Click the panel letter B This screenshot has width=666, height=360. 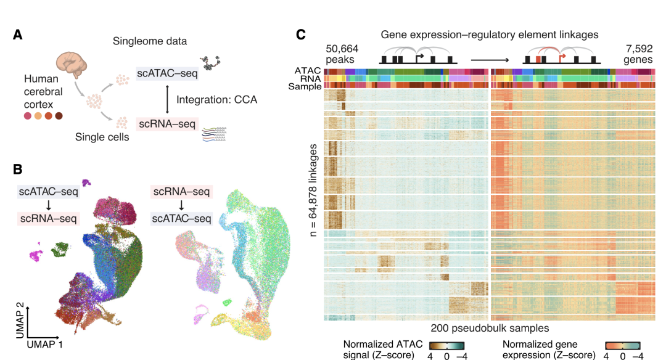tap(18, 168)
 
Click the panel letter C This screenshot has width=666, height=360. tap(302, 35)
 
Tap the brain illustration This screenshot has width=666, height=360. tap(72, 64)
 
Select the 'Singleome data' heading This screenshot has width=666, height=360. tap(150, 41)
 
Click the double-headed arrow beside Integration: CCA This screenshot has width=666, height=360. tap(167, 99)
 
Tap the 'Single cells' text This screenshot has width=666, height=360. tap(102, 137)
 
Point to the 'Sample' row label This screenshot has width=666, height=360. tap(305, 87)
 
